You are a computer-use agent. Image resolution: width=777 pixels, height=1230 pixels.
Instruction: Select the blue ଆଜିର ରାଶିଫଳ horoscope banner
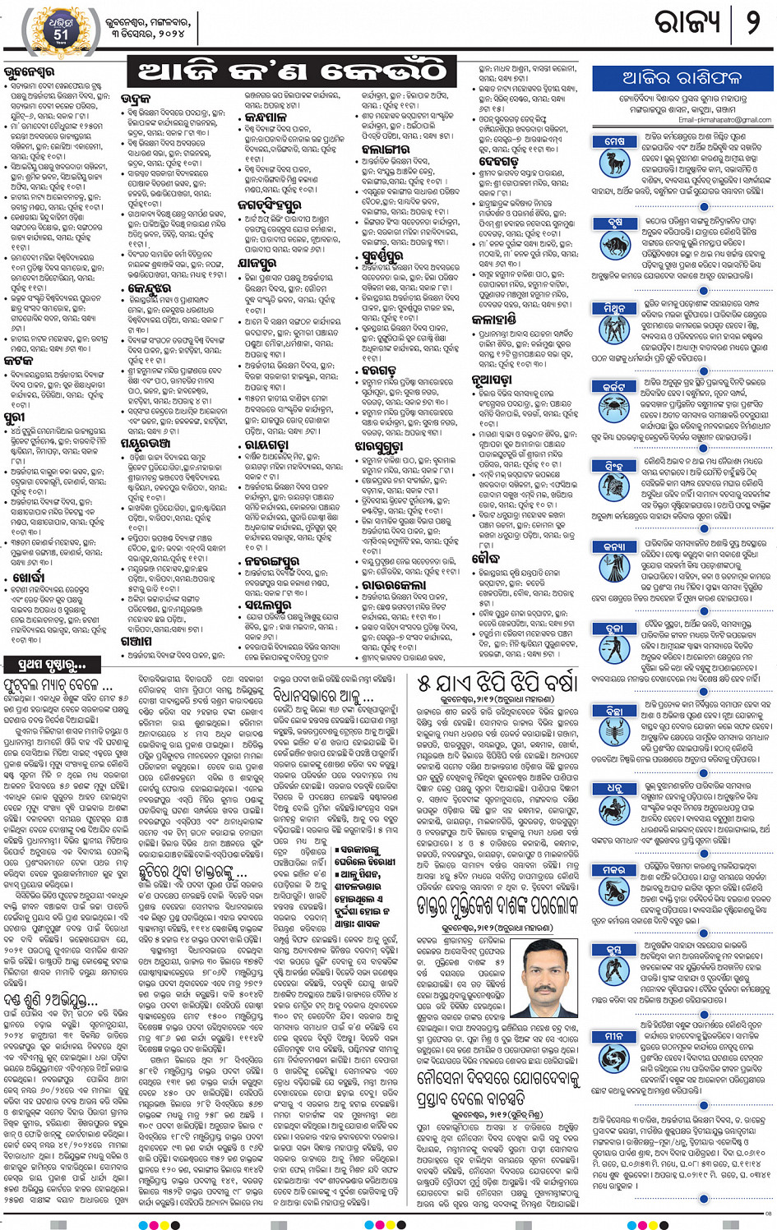tap(682, 78)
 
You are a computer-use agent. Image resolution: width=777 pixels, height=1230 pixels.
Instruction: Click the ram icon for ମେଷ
tap(614, 161)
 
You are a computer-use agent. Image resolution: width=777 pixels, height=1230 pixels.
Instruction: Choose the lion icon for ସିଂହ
tap(614, 484)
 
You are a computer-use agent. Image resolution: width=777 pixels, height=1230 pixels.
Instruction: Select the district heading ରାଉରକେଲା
tap(393, 584)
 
